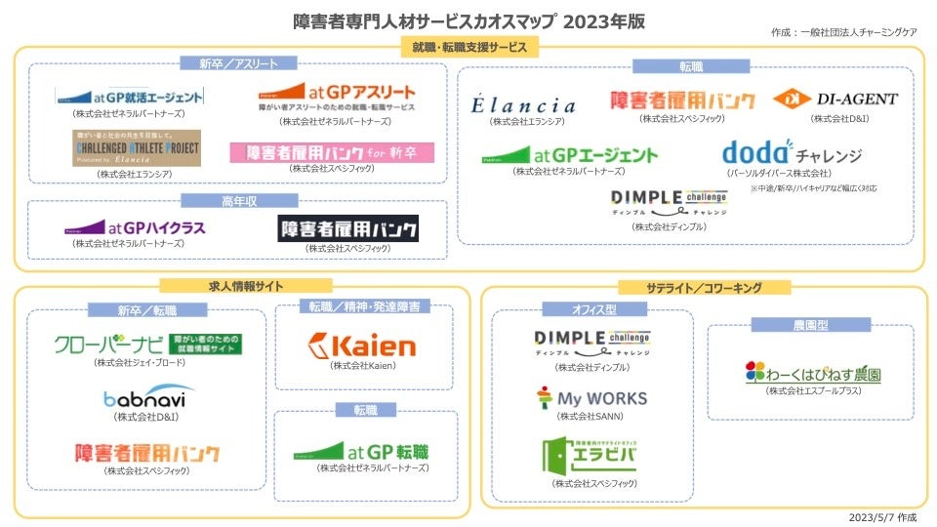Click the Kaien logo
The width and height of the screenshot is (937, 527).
(361, 345)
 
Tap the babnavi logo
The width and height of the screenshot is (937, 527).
(148, 397)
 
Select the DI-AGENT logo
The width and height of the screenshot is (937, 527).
(835, 99)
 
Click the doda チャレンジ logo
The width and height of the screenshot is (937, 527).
(792, 153)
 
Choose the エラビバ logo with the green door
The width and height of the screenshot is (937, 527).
(591, 456)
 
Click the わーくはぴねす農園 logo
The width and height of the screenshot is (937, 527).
(813, 372)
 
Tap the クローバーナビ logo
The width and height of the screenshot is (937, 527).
(149, 344)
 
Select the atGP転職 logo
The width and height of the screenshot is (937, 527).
(361, 452)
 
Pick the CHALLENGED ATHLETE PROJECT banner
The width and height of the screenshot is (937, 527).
(137, 148)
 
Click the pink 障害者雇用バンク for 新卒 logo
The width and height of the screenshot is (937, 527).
(332, 152)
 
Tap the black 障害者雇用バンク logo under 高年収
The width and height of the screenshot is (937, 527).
(348, 228)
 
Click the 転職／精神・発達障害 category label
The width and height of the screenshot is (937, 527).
(364, 306)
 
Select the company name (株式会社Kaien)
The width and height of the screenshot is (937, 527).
(362, 366)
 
